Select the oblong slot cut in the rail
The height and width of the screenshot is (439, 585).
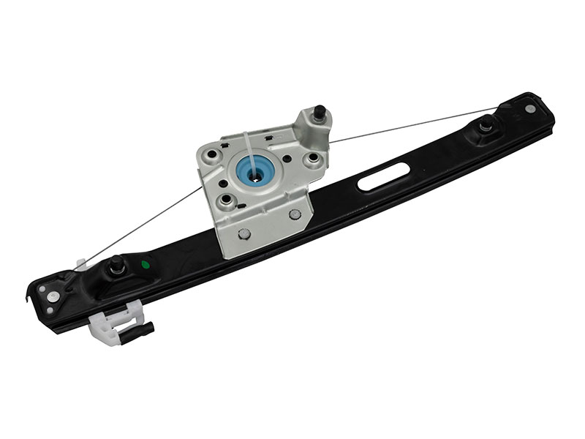[x=383, y=178]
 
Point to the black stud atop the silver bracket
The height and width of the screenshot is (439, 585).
[x=320, y=113]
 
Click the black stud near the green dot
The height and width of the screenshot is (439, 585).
[x=116, y=266]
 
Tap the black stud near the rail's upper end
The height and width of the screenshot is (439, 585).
[x=485, y=127]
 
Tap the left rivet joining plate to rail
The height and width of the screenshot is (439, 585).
[x=245, y=233]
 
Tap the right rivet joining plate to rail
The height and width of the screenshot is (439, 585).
[x=295, y=214]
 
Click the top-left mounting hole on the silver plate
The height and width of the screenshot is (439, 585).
[x=211, y=155]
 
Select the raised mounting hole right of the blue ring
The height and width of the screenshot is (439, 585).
[x=314, y=158]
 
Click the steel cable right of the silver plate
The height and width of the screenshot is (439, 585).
[x=409, y=125]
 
